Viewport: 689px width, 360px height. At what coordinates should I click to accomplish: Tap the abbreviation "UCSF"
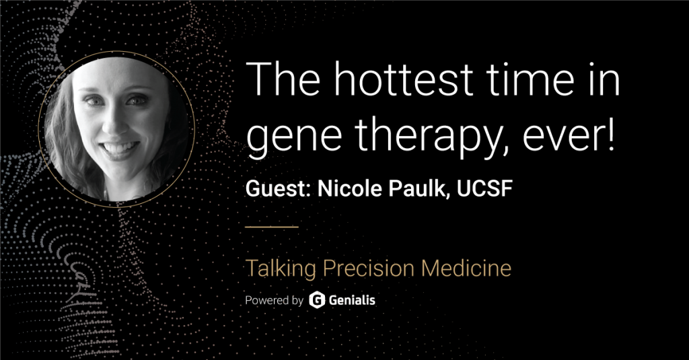[485, 188]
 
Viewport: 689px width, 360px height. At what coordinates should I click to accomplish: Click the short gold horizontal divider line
[272, 227]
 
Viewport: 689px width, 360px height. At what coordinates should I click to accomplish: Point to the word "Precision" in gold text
[368, 268]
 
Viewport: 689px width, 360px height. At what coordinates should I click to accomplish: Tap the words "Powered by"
[275, 301]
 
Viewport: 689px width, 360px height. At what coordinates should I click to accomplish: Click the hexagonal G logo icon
[317, 300]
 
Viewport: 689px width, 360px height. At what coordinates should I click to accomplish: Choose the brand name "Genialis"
[352, 300]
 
